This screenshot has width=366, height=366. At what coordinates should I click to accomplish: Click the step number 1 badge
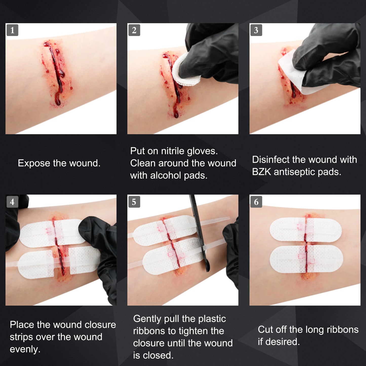click(x=12, y=30)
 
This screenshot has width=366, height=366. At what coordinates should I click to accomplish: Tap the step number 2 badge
click(x=134, y=30)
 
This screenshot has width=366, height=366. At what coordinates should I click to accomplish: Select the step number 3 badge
click(x=256, y=30)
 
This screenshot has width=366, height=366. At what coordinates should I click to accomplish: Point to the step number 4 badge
click(x=12, y=202)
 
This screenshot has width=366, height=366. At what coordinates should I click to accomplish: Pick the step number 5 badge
click(x=134, y=202)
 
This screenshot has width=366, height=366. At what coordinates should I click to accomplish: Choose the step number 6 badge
click(x=256, y=202)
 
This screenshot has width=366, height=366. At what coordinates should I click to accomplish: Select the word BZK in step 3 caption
click(x=261, y=172)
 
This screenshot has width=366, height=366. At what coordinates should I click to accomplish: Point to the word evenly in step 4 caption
click(x=25, y=350)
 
